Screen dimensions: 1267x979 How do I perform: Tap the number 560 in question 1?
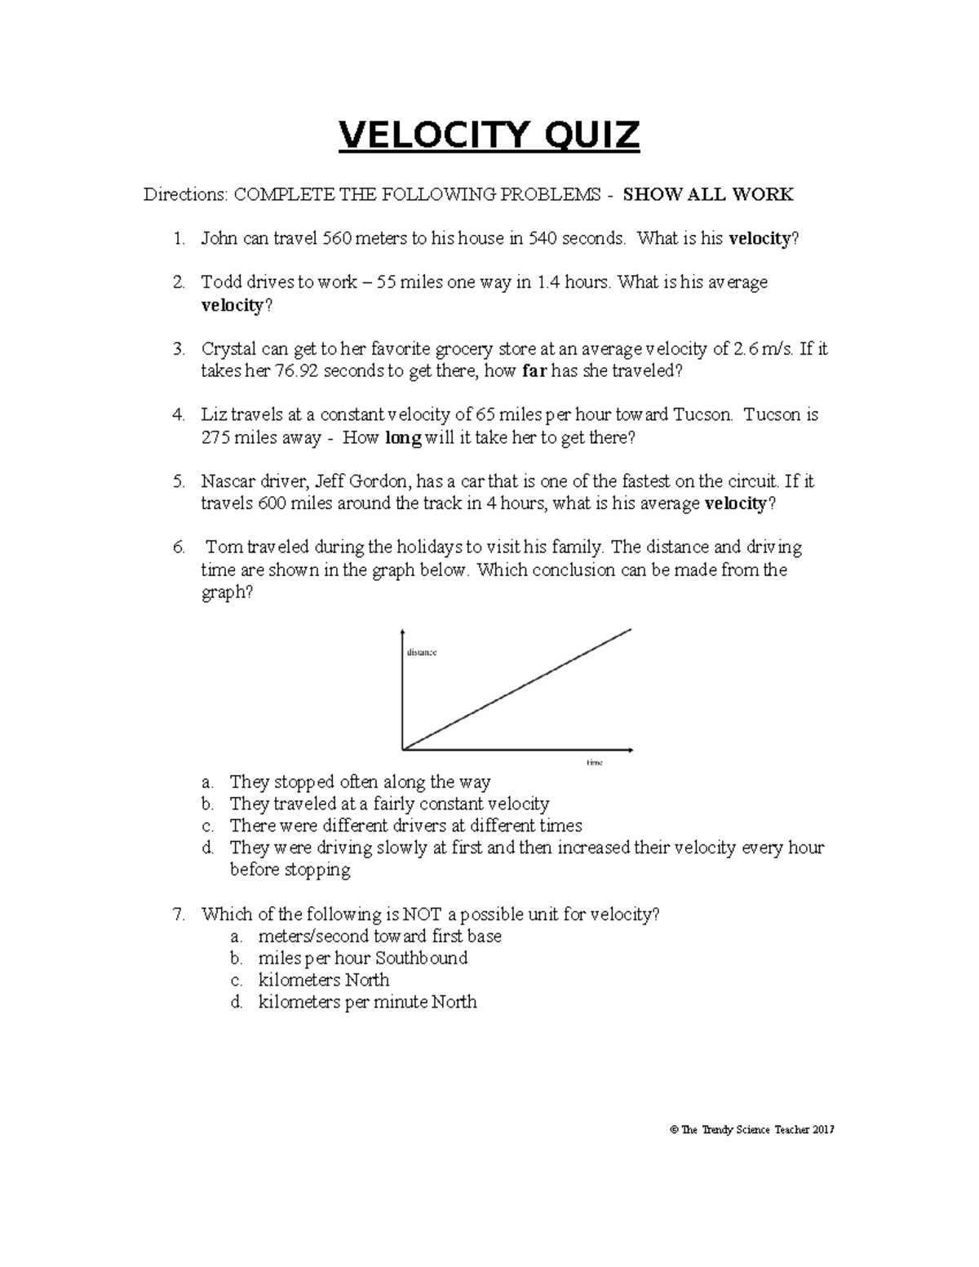[x=339, y=239]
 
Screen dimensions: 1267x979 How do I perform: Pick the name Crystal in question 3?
[x=228, y=349]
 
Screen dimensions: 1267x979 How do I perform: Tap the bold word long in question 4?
[x=402, y=438]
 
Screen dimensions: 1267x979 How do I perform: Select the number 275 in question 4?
[x=215, y=438]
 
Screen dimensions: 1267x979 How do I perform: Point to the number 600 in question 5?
[x=271, y=503]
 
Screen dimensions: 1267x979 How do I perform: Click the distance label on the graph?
[x=422, y=653]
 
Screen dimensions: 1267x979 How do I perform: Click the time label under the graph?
[x=594, y=762]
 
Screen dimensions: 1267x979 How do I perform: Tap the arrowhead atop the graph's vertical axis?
[x=402, y=632]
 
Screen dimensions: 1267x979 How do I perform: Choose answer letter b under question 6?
[x=208, y=804]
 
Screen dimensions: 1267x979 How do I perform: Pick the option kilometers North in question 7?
[x=323, y=980]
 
